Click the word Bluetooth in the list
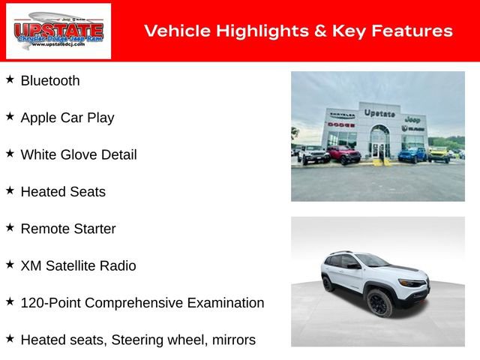(49, 81)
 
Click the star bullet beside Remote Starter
(10, 227)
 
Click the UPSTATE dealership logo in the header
(58, 31)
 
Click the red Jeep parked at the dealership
(343, 155)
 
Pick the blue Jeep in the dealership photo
(412, 154)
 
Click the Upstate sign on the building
(379, 112)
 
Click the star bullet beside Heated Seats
(10, 190)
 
